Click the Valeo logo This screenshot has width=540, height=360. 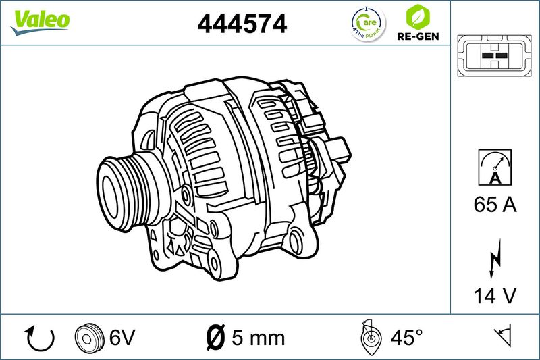(40, 22)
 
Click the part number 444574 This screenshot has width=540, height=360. (242, 24)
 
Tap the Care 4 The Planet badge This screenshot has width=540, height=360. (368, 24)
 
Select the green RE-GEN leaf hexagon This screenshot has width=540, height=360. (418, 17)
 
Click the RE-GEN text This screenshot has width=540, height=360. (418, 36)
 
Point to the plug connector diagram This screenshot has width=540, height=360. (494, 55)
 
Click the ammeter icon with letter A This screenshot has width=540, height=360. (495, 168)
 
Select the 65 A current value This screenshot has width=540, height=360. (495, 205)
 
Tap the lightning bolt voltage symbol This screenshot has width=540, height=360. (495, 259)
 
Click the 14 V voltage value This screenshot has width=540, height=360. (495, 296)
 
